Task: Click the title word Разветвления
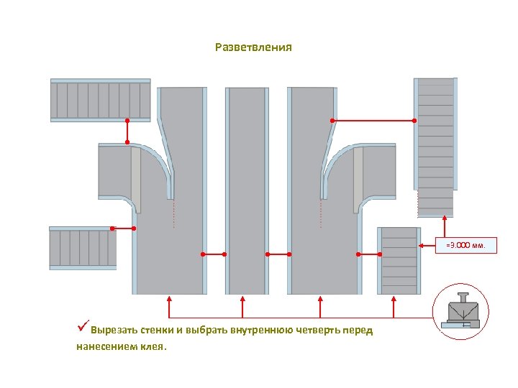click(x=253, y=47)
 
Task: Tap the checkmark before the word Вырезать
click(x=83, y=330)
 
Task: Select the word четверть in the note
click(x=317, y=331)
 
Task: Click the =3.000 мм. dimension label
click(x=465, y=245)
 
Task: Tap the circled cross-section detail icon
click(x=460, y=311)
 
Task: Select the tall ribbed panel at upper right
click(x=435, y=147)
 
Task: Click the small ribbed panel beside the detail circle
click(x=399, y=260)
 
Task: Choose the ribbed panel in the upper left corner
click(x=100, y=101)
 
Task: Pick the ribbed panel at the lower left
click(x=83, y=248)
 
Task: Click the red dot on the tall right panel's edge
click(x=414, y=121)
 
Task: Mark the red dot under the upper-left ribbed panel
click(x=127, y=121)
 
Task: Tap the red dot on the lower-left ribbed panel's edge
click(x=112, y=228)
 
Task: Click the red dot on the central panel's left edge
click(x=224, y=254)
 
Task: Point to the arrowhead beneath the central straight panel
click(x=243, y=297)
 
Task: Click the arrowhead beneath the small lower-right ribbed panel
click(x=394, y=297)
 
